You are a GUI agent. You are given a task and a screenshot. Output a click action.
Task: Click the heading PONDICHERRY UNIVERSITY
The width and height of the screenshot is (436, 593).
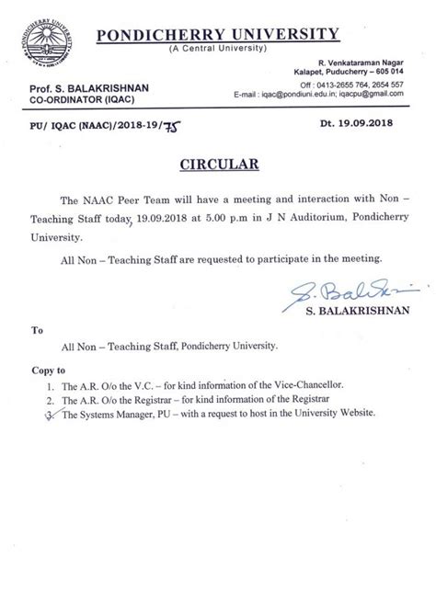[235, 34]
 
